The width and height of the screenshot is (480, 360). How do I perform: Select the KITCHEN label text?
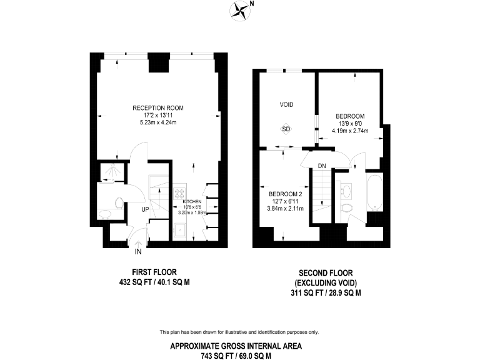click(x=191, y=202)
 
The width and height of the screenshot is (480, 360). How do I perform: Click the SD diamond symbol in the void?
click(x=286, y=129)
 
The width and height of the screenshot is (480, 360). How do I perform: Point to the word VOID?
click(x=286, y=104)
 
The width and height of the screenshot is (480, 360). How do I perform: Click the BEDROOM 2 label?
click(x=286, y=194)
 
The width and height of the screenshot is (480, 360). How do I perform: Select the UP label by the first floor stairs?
click(x=144, y=209)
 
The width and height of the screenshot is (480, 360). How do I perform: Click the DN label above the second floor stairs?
click(x=322, y=166)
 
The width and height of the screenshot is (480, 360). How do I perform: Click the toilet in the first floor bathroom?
click(x=118, y=201)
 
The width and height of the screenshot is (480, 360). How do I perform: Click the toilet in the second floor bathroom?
click(x=347, y=206)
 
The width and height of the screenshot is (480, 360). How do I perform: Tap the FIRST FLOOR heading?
click(x=154, y=272)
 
